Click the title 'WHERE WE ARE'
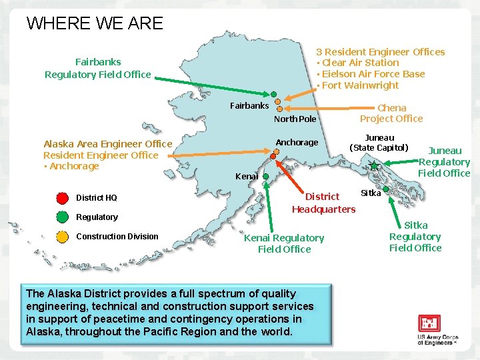[x=95, y=23]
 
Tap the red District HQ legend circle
[x=62, y=197]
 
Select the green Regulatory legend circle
[x=62, y=217]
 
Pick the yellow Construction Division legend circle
[x=62, y=236]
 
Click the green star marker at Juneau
[x=374, y=165]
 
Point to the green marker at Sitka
[x=386, y=189]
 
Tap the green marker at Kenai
[x=265, y=177]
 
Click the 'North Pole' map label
[x=295, y=119]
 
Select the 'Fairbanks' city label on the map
[x=249, y=105]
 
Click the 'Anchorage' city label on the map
[x=297, y=142]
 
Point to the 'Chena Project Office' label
[x=391, y=113]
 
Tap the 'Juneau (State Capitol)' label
[x=379, y=143]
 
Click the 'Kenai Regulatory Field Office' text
[x=284, y=243]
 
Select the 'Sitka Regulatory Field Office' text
[x=415, y=237]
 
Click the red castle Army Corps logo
[x=429, y=324]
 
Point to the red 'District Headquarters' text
[x=323, y=203]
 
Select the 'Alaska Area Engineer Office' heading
[x=107, y=144]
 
